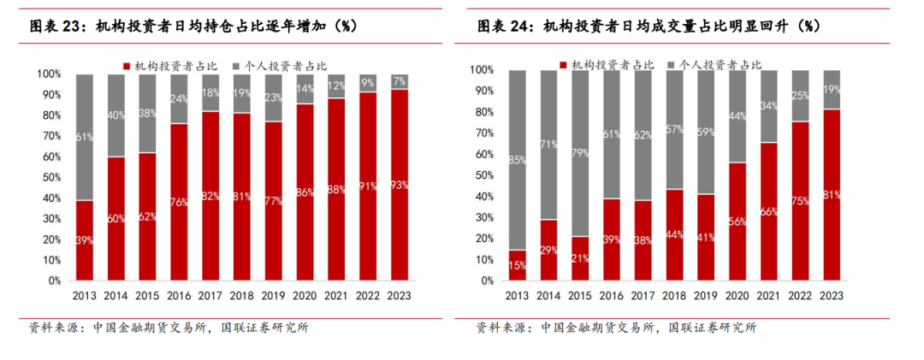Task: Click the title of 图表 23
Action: [x=193, y=27]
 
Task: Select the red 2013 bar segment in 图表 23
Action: [x=84, y=239]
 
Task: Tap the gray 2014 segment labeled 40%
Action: [x=115, y=115]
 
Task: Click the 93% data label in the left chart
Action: [x=400, y=185]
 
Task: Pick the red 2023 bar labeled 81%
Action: [x=831, y=195]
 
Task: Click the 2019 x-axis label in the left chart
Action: [x=273, y=296]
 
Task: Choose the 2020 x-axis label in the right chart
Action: [x=736, y=296]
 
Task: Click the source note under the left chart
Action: [x=169, y=328]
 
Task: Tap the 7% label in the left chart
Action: [x=400, y=82]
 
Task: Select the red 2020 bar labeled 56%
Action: [x=736, y=221]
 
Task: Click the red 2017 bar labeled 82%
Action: [x=210, y=196]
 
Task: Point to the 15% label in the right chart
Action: [x=516, y=265]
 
